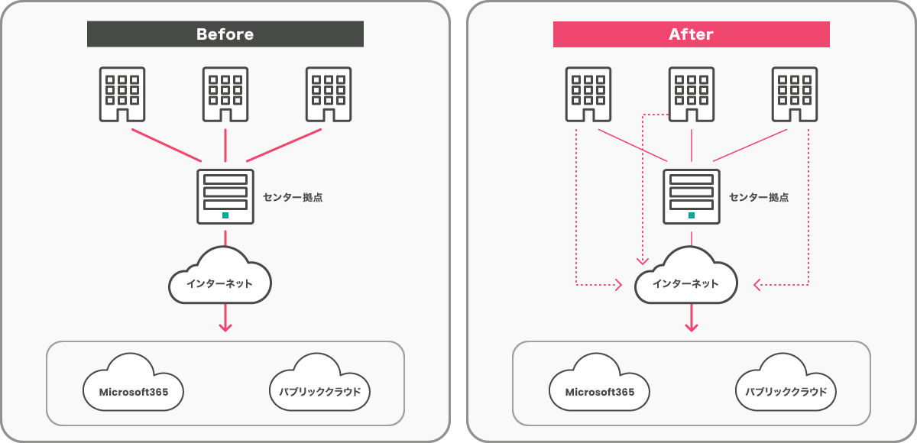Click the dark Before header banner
click(225, 34)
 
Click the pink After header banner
click(691, 34)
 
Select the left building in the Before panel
click(122, 94)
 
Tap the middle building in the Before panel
click(225, 94)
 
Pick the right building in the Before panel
click(329, 94)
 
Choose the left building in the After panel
click(588, 94)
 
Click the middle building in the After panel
click(692, 94)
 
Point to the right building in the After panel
click(795, 94)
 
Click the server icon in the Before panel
click(225, 196)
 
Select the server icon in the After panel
click(692, 196)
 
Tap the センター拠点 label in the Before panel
click(293, 197)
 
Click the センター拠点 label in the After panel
click(759, 197)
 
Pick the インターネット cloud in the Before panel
click(220, 280)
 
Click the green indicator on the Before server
click(225, 215)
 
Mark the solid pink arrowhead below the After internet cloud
click(692, 327)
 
